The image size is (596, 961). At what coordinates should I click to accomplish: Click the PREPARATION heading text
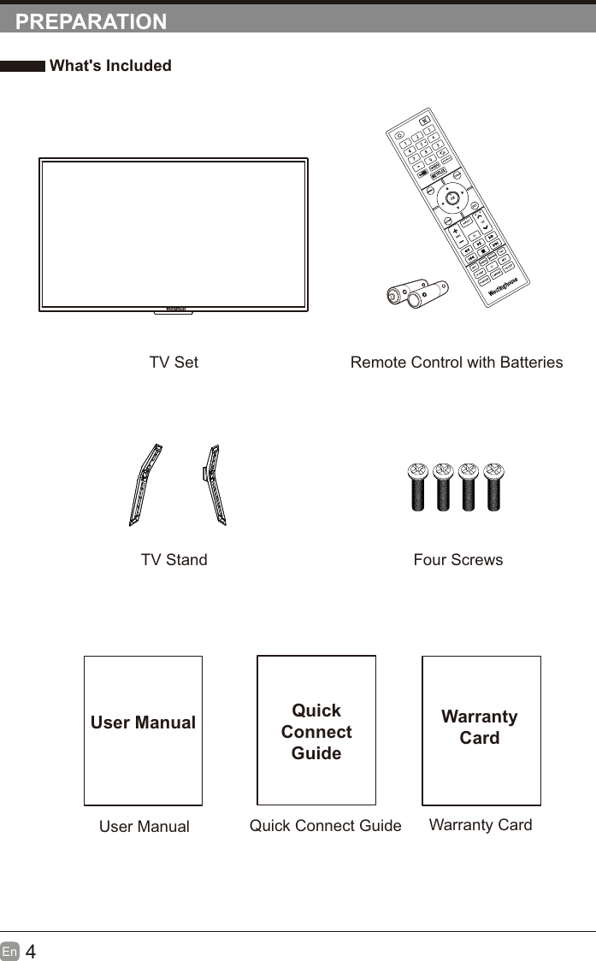coord(91,22)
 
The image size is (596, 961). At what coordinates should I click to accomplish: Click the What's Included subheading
coord(110,66)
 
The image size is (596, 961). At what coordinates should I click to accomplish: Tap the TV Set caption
coord(174,363)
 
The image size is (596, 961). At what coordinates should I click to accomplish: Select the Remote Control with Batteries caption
coord(457,363)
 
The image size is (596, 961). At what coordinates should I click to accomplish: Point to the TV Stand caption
coord(174,560)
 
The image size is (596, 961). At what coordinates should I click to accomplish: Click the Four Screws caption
coord(457,560)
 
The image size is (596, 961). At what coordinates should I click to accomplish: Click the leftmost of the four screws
coord(417,486)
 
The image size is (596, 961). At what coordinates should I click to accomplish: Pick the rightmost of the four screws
coord(493,486)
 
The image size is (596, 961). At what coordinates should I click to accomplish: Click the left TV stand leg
coord(145,484)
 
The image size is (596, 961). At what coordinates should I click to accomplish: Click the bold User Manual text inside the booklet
coord(143,722)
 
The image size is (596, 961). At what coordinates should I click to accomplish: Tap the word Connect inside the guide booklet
coord(316,732)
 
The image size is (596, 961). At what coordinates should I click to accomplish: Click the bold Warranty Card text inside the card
coord(480,727)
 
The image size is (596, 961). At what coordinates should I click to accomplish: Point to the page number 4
coord(31,952)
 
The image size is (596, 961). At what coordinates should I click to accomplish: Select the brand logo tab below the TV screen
coord(174,310)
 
